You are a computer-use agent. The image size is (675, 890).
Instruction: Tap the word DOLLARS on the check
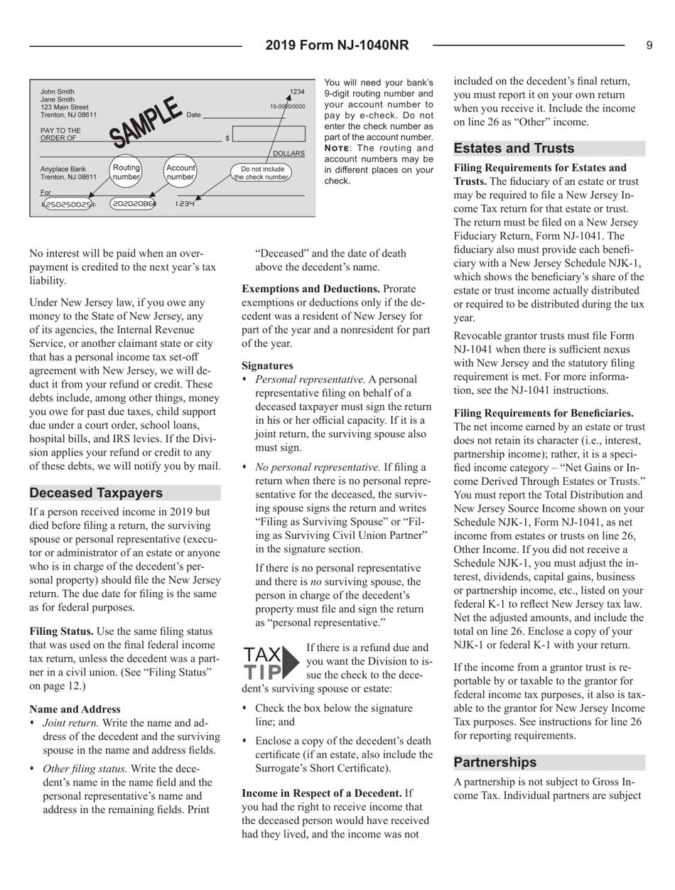[289, 154]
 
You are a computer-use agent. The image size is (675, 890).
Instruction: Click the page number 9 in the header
[649, 45]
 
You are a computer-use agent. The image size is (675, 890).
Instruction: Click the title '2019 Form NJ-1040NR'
[337, 45]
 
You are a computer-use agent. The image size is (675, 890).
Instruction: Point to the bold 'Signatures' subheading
[266, 367]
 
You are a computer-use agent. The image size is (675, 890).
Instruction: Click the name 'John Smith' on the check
[56, 92]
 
